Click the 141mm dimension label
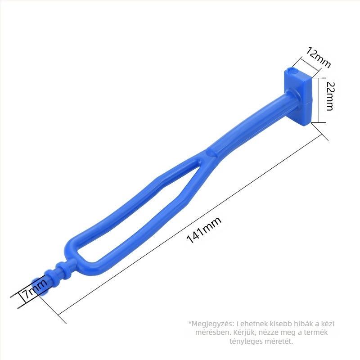tap(204, 229)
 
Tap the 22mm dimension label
tap(330, 96)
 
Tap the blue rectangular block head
tap(298, 96)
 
